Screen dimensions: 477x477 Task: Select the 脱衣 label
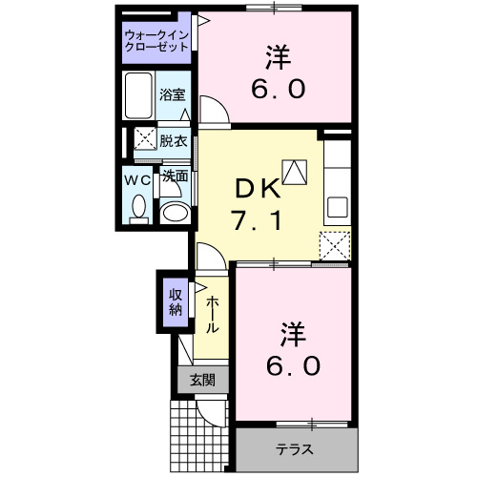tap(174, 138)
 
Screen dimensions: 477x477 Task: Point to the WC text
tap(137, 177)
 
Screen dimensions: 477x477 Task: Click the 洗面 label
tap(174, 176)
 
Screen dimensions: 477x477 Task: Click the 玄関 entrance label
tap(202, 380)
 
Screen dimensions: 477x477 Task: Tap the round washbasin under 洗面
tap(173, 211)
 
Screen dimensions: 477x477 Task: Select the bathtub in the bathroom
tap(140, 95)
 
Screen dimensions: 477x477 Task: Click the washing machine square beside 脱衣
tap(145, 138)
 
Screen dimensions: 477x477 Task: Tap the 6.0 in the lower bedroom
tap(293, 364)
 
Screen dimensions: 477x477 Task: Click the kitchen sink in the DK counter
tap(337, 206)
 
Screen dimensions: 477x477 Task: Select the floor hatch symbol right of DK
tap(296, 173)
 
